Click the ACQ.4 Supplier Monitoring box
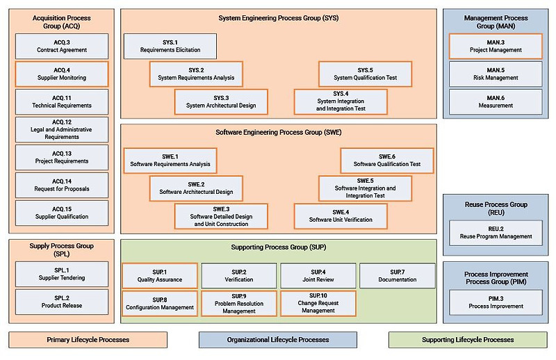coord(62,74)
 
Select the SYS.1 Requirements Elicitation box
coord(170,47)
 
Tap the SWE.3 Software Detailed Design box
coord(221,216)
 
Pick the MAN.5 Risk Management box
coord(496,74)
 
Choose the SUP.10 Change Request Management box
coord(318,304)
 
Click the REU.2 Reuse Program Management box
coord(496,232)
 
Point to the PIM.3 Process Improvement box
coord(496,302)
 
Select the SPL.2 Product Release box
coord(62,302)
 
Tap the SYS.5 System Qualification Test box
coord(366,74)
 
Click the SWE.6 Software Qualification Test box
coord(387,161)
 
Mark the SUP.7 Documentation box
coord(398,276)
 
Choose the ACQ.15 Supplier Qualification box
coord(62,213)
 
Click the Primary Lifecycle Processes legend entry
coord(88,340)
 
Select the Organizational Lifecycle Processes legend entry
coord(278,340)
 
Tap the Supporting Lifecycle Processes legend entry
coord(468,340)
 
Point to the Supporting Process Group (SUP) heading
coord(278,247)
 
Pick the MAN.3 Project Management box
coord(496,47)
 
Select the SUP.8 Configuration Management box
coord(159,304)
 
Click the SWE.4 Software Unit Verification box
coord(341,216)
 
